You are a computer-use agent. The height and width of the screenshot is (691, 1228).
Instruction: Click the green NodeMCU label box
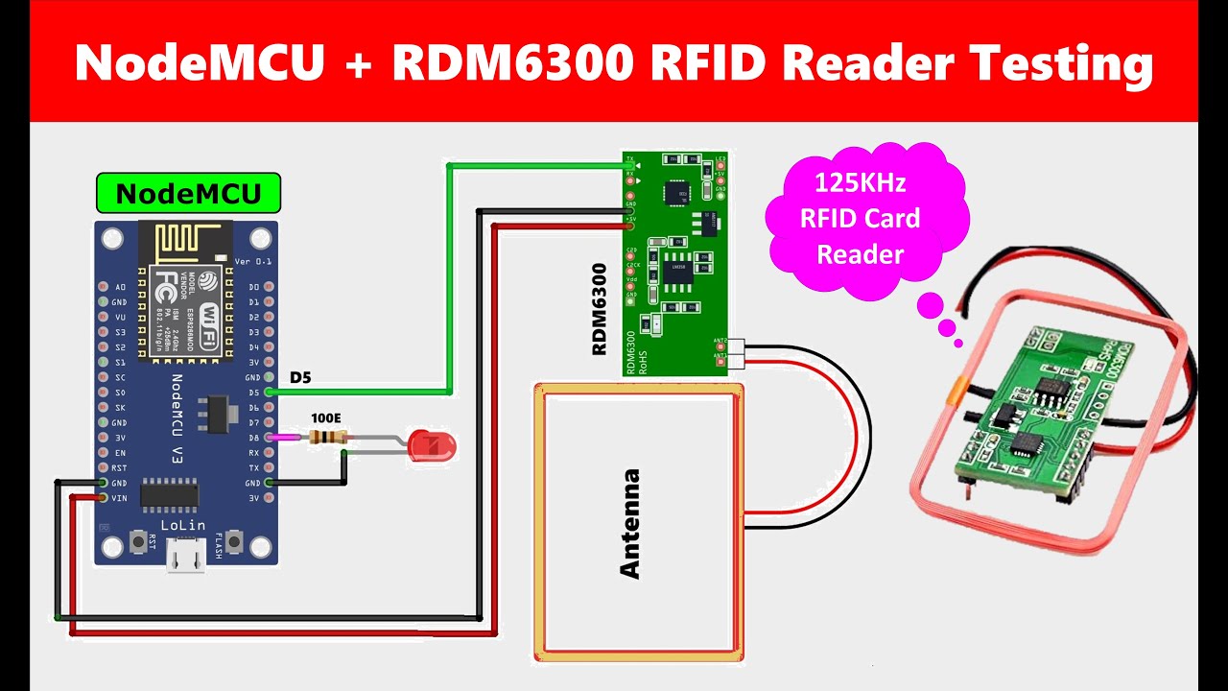pyautogui.click(x=188, y=194)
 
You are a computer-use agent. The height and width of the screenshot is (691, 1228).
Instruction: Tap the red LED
pyautogui.click(x=432, y=445)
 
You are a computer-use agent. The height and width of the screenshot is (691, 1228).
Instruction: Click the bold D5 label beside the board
pyautogui.click(x=300, y=377)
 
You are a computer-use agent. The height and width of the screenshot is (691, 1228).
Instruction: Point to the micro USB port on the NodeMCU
pyautogui.click(x=185, y=555)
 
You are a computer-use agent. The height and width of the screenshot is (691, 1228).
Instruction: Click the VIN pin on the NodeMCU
pyautogui.click(x=103, y=498)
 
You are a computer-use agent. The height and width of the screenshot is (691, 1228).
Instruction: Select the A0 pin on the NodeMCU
pyautogui.click(x=103, y=287)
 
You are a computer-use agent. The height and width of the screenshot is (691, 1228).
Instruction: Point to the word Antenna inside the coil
pyautogui.click(x=629, y=523)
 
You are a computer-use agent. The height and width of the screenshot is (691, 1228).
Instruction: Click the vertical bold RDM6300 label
pyautogui.click(x=600, y=309)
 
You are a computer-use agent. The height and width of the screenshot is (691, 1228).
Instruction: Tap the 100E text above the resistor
pyautogui.click(x=326, y=419)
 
